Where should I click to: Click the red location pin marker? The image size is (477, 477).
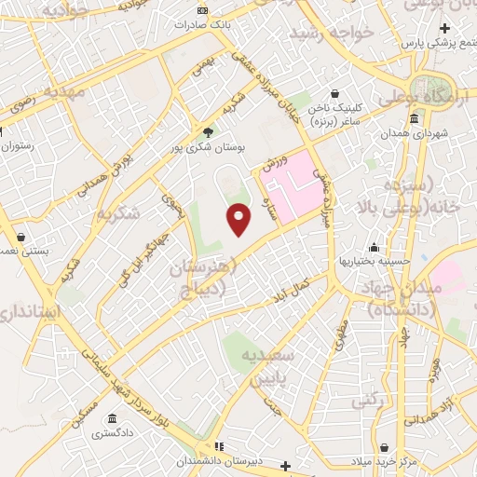point(239,219)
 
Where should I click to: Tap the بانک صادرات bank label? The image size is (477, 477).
point(206,24)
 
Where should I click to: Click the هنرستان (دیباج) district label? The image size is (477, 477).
point(204,280)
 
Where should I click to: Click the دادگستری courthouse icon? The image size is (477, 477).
point(112,417)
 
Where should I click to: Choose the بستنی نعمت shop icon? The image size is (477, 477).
point(21,237)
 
